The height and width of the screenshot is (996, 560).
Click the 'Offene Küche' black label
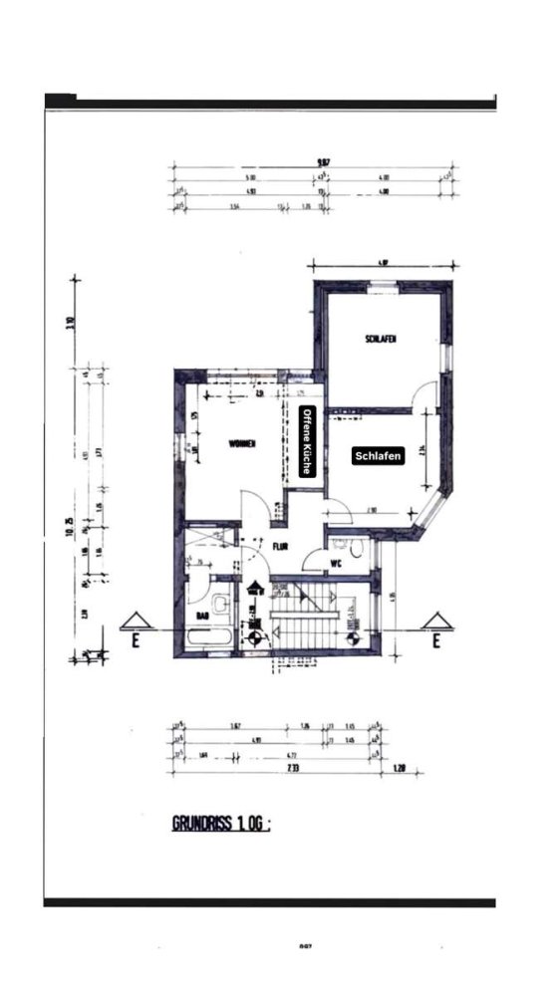pyautogui.click(x=308, y=443)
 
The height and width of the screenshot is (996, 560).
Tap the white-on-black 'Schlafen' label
pyautogui.click(x=351, y=455)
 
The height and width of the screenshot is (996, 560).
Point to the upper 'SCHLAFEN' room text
pyautogui.click(x=380, y=341)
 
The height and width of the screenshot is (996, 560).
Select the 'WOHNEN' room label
pyautogui.click(x=243, y=444)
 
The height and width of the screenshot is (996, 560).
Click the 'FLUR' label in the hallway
pyautogui.click(x=281, y=546)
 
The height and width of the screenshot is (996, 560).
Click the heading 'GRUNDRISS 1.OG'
pyautogui.click(x=221, y=824)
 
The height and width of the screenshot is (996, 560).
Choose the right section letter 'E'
pyautogui.click(x=434, y=642)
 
